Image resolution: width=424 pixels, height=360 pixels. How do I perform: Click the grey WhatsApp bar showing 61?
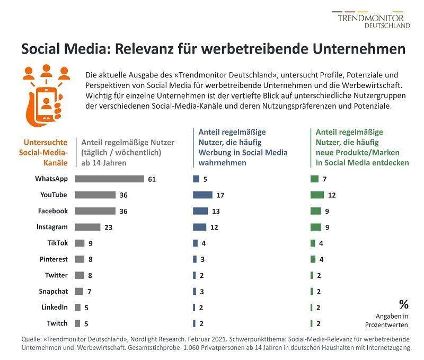pyautogui.click(x=109, y=179)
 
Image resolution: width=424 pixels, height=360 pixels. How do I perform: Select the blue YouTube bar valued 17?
pyautogui.click(x=202, y=195)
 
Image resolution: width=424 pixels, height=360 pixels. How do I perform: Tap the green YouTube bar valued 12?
pyautogui.click(x=316, y=195)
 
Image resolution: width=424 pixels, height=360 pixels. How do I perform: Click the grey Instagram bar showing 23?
pyautogui.click(x=87, y=227)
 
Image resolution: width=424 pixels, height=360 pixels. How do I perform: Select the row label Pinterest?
pyautogui.click(x=54, y=259)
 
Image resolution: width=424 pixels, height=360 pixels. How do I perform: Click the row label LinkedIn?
pyautogui.click(x=55, y=307)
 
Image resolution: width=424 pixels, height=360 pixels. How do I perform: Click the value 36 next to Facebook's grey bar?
pyautogui.click(x=123, y=211)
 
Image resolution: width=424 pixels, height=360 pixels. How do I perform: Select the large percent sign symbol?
pyautogui.click(x=404, y=304)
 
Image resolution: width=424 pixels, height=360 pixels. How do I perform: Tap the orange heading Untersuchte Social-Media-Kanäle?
pyautogui.click(x=46, y=152)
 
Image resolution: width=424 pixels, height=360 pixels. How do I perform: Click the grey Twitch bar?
pyautogui.click(x=77, y=323)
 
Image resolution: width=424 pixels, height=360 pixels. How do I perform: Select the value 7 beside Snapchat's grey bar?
pyautogui.click(x=89, y=291)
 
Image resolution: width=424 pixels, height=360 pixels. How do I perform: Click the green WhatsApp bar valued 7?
pyautogui.click(x=314, y=179)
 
